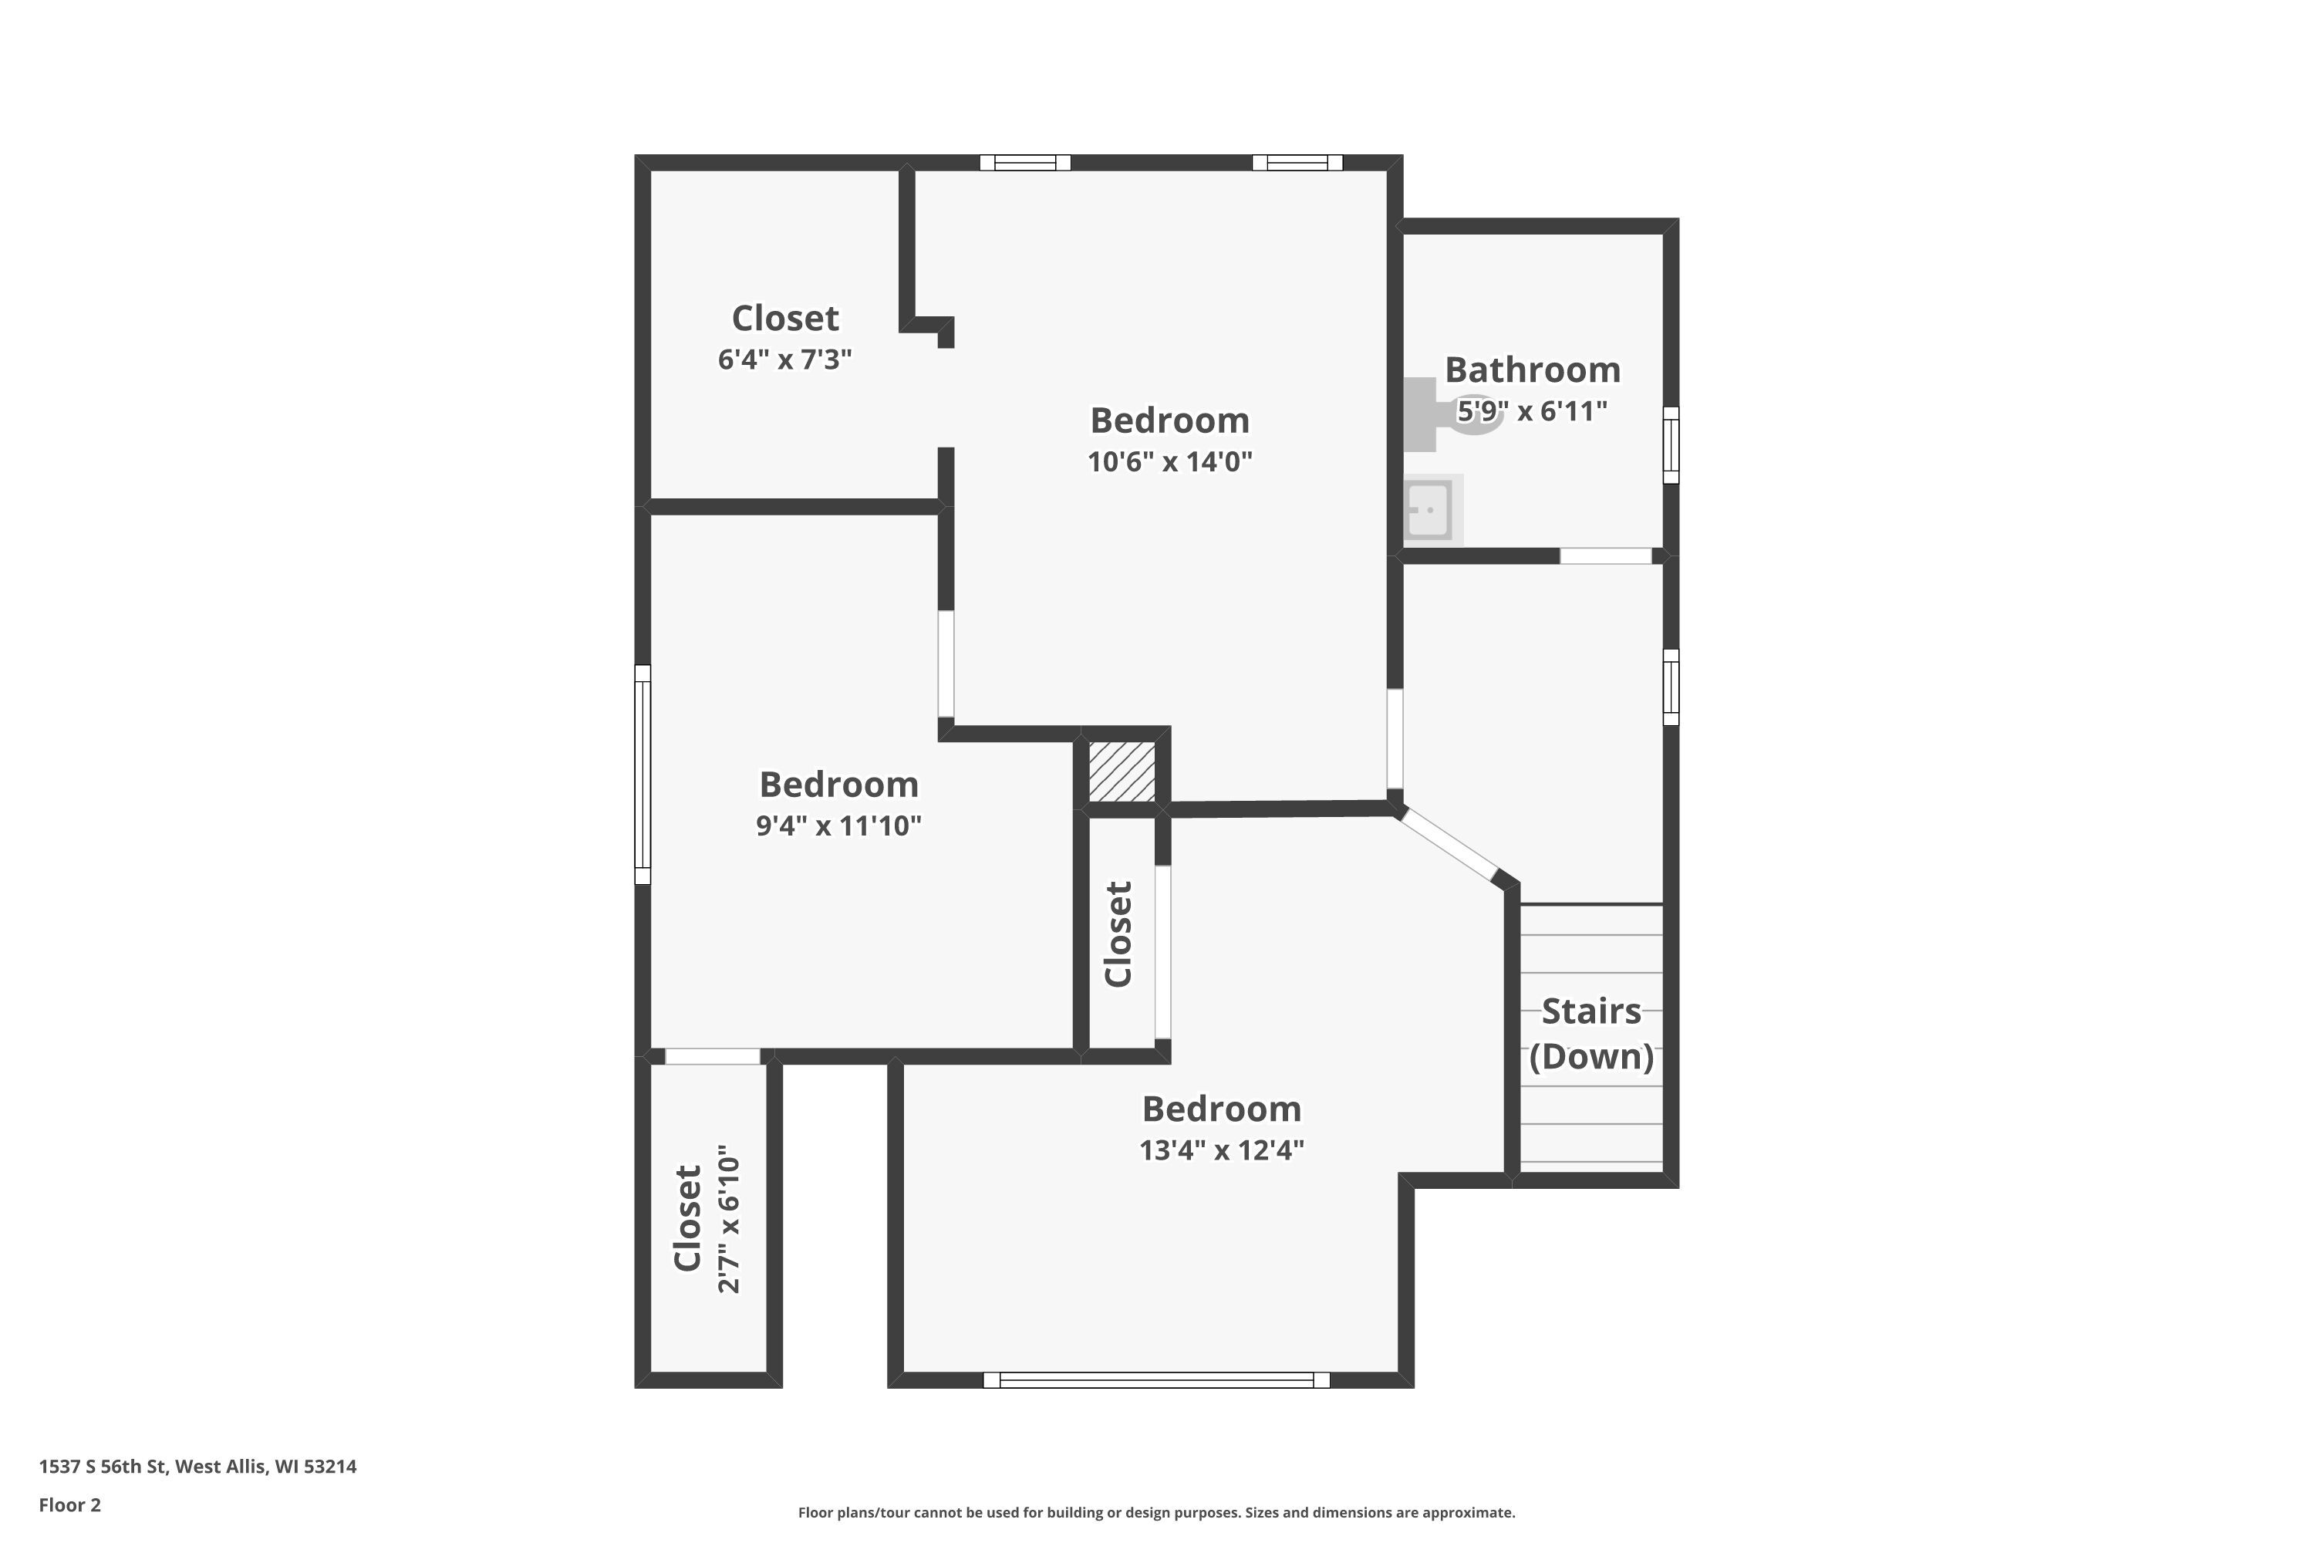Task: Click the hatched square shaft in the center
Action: tap(1122, 771)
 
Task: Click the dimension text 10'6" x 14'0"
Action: tap(1170, 461)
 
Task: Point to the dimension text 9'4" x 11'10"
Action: tap(838, 826)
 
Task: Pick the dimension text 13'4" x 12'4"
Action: tap(1222, 1150)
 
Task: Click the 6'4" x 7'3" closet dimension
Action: tap(785, 360)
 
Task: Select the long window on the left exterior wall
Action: tap(643, 775)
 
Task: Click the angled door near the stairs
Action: tap(1449, 843)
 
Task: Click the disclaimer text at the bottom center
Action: tap(1157, 1512)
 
